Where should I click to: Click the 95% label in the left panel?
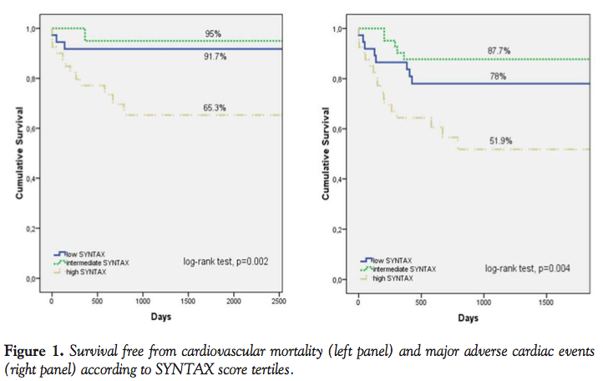214,34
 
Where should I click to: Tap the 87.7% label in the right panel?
499,51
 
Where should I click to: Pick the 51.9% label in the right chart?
499,140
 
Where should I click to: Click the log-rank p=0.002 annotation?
225,261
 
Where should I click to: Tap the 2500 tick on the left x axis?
278,299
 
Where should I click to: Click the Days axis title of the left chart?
162,317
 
